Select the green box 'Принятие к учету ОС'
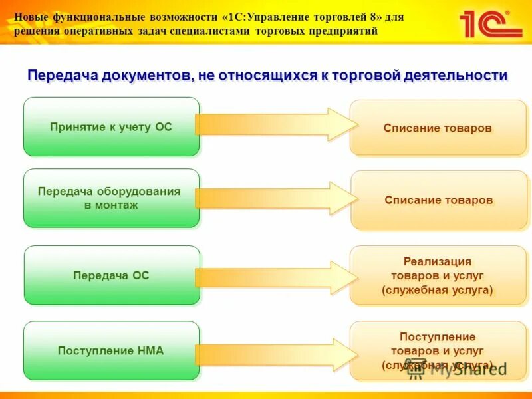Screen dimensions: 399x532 coord(111,126)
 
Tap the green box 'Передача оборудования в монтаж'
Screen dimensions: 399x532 coord(111,198)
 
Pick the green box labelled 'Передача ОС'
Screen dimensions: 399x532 coord(111,275)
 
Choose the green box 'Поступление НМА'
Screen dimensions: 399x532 coord(111,350)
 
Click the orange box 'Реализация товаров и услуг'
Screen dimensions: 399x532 coord(438,275)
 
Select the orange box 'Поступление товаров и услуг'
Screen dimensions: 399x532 coord(438,350)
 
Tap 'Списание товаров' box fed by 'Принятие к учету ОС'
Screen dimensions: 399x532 coord(438,128)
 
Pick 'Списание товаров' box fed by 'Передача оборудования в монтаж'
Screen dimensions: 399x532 coord(438,199)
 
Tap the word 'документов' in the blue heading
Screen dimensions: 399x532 coord(147,76)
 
